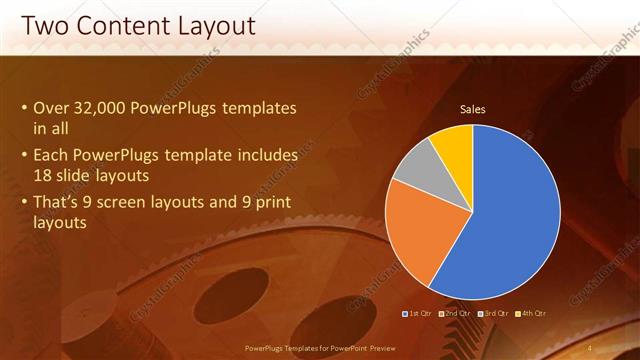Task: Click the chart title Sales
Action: point(472,109)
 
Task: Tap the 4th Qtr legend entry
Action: point(530,314)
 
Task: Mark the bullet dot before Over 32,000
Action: point(25,108)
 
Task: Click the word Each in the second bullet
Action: point(52,156)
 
